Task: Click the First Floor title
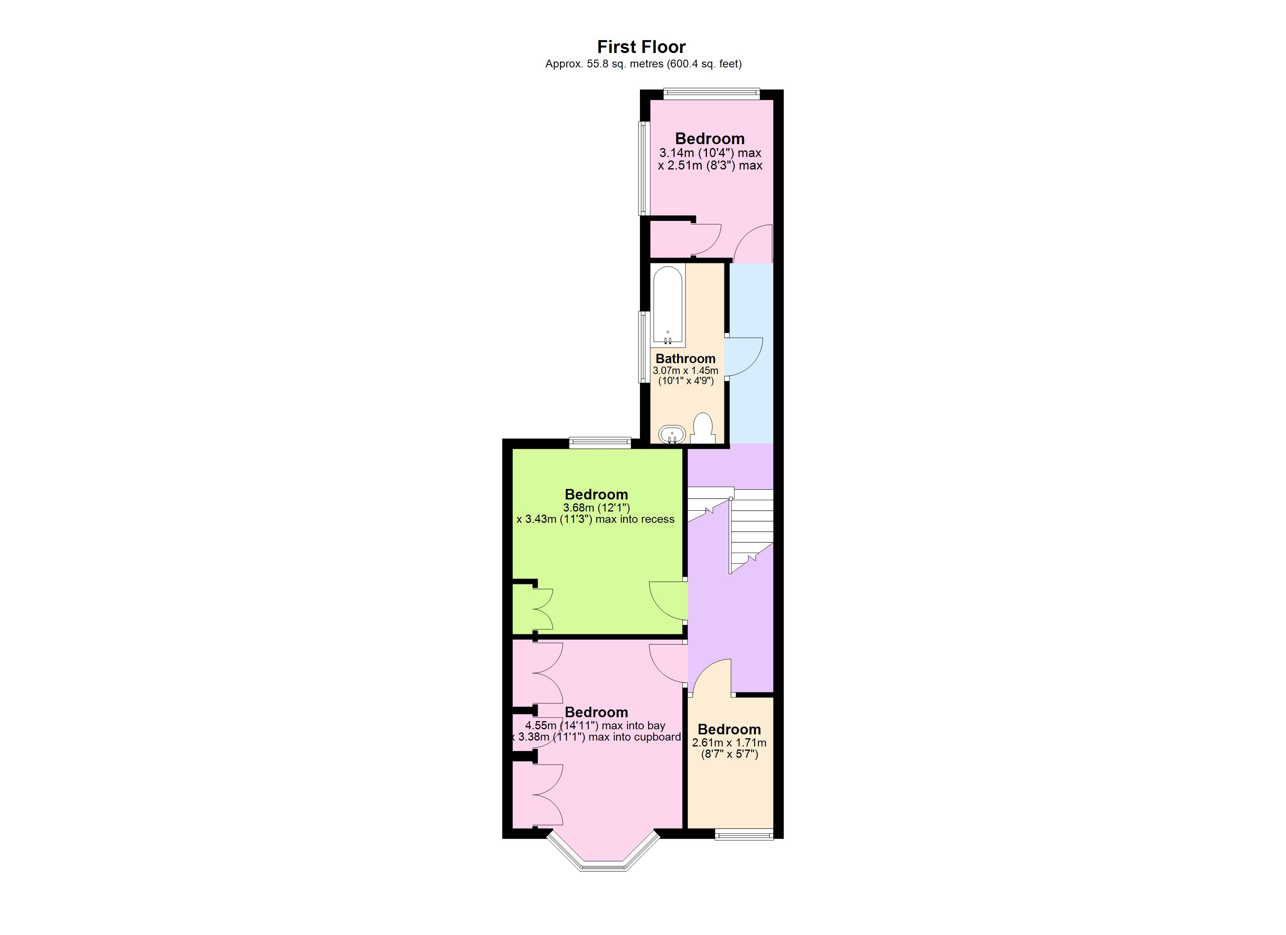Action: (x=641, y=46)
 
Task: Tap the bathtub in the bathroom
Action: (x=668, y=306)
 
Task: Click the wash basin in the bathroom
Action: (x=672, y=435)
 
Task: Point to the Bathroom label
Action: (x=685, y=358)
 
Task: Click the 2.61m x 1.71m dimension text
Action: (x=729, y=743)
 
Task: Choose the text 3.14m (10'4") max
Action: (x=710, y=153)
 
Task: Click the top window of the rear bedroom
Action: (x=711, y=93)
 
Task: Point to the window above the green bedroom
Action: (x=600, y=442)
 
